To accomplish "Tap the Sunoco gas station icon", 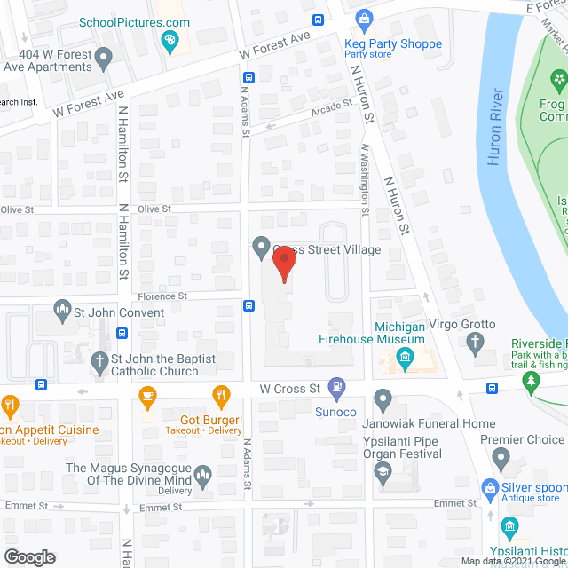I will point(336,387).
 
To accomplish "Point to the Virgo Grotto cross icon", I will point(476,343).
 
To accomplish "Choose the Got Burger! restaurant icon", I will point(219,394).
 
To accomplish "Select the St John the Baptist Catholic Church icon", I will point(99,361).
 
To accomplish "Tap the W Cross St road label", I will point(289,389).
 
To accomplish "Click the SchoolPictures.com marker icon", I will point(169,40).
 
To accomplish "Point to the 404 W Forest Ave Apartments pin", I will point(104,60).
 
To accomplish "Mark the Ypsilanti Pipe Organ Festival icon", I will point(383,472).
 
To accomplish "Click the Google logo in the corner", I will point(28,556).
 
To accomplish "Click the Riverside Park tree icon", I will point(532,382).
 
